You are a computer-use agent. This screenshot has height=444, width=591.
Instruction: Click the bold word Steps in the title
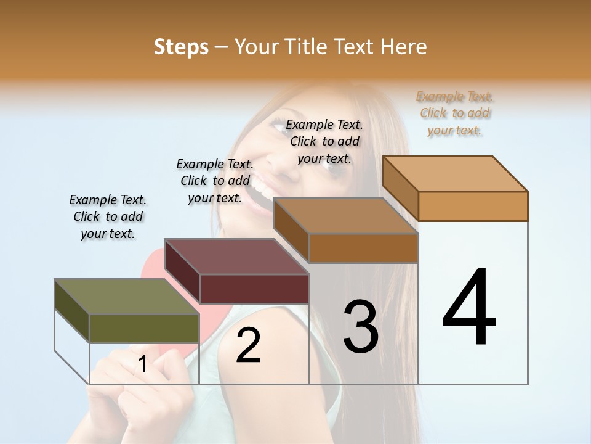(x=181, y=47)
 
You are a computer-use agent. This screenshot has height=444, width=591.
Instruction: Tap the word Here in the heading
(x=403, y=47)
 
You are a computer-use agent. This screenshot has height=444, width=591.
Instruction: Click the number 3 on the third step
(x=361, y=327)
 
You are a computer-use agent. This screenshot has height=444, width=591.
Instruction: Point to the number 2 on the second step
(x=249, y=345)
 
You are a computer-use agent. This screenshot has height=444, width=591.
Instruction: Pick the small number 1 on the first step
(x=143, y=364)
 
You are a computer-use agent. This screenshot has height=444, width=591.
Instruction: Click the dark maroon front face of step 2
(x=254, y=289)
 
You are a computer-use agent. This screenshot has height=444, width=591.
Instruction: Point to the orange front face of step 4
(x=473, y=206)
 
